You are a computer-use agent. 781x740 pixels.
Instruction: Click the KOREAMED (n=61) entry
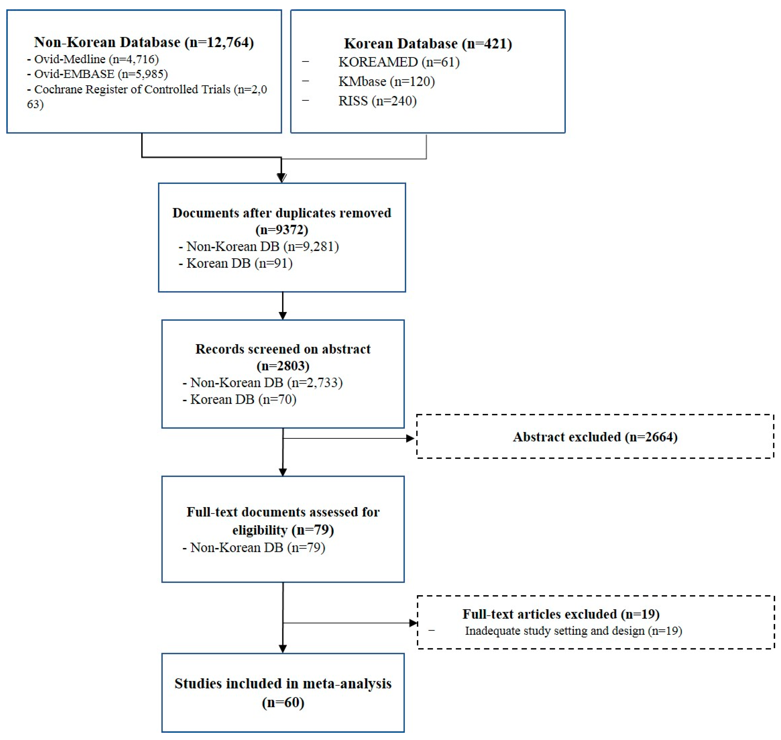click(398, 62)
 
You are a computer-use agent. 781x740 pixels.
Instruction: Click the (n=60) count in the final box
click(283, 702)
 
